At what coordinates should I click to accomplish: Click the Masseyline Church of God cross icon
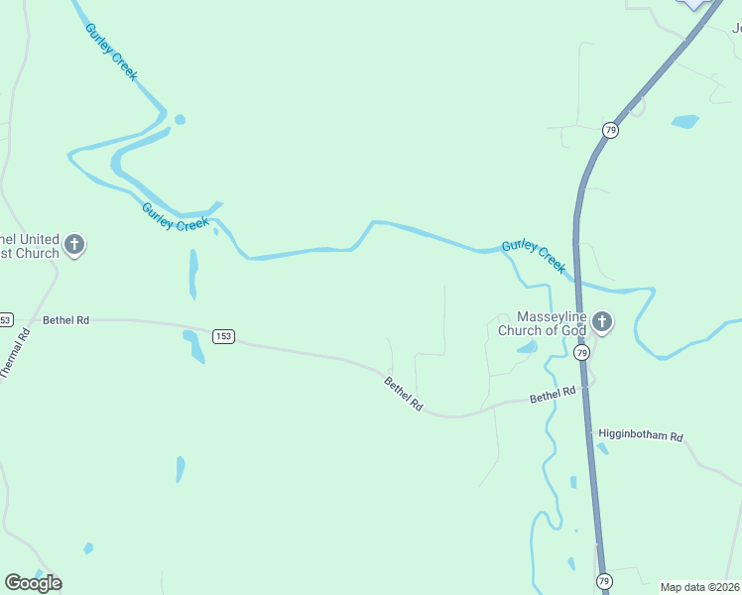click(602, 322)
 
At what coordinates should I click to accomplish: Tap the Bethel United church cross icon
click(73, 244)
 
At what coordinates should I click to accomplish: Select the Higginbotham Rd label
click(641, 436)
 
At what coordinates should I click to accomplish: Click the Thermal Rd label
click(16, 352)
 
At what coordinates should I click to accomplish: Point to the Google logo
click(33, 582)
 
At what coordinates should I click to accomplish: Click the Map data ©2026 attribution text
click(699, 587)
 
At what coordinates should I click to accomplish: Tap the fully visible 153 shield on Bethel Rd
click(223, 337)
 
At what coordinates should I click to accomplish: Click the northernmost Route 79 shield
click(610, 130)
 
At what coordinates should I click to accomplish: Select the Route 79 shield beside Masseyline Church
click(581, 353)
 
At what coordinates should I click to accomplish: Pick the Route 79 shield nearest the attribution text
click(603, 580)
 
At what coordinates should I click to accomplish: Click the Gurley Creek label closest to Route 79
click(534, 256)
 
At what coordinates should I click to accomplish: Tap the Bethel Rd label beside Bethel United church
click(66, 320)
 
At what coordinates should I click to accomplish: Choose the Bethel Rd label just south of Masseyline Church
click(553, 395)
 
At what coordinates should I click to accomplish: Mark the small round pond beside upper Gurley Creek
click(180, 120)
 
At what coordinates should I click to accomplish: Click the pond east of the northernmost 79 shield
click(684, 122)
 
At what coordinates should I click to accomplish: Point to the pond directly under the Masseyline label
click(528, 347)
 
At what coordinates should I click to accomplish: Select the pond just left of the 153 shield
click(192, 344)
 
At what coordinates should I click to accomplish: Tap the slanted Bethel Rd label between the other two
click(404, 394)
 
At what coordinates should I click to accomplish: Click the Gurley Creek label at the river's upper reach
click(111, 53)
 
